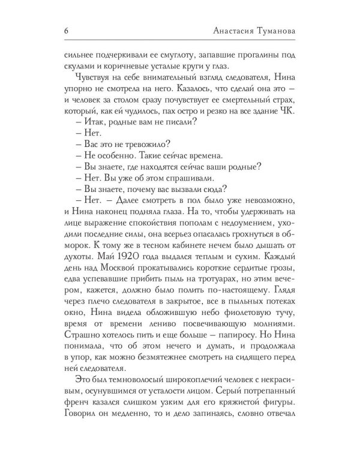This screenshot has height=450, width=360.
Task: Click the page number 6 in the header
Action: point(65,31)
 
